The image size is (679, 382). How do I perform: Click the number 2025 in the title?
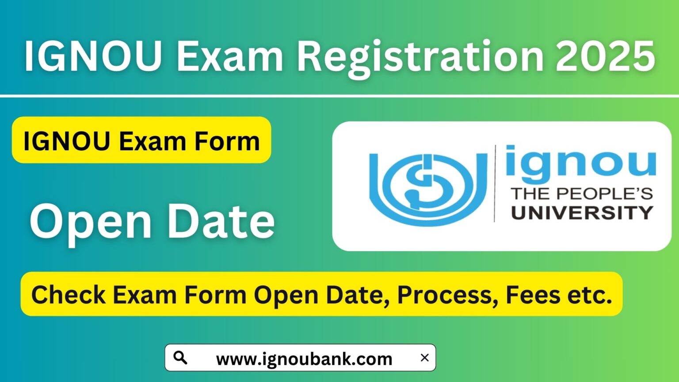(605, 56)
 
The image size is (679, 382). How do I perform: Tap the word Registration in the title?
(420, 57)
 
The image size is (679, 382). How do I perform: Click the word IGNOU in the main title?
(93, 56)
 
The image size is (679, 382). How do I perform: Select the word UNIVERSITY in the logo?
(582, 213)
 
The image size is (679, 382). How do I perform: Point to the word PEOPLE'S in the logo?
(604, 194)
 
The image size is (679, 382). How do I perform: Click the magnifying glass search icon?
(180, 357)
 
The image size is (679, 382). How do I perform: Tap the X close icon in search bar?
(424, 357)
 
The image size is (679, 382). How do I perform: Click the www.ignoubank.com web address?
(304, 359)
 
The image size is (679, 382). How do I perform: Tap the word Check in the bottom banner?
(68, 294)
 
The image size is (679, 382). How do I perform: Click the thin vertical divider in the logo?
(495, 183)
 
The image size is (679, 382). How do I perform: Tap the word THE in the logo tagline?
(530, 194)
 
